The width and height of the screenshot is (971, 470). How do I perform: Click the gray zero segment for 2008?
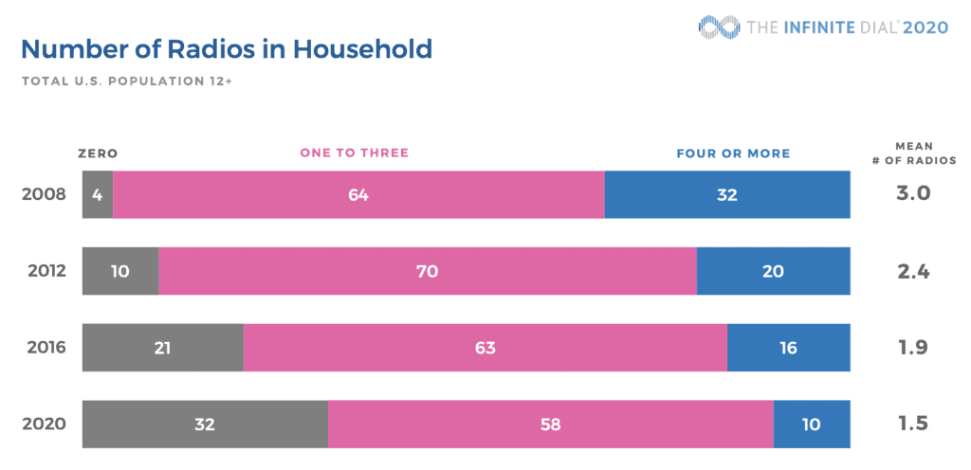click(x=98, y=195)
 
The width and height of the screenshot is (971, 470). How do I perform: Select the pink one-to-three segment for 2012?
click(x=428, y=271)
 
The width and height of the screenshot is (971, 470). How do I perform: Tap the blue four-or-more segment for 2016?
click(x=789, y=348)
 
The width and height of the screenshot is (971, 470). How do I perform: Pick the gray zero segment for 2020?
click(x=205, y=425)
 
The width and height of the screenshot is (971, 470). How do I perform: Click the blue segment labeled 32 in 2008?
click(x=727, y=195)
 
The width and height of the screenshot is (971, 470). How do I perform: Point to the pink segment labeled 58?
click(x=551, y=425)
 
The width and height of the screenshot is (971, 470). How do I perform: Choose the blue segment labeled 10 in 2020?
click(x=812, y=425)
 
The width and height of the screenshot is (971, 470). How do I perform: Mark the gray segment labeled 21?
click(x=163, y=348)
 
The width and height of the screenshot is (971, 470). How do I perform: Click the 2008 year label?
click(x=44, y=194)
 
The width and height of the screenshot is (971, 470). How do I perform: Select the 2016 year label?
click(x=46, y=348)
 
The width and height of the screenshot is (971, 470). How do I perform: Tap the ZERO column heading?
click(x=98, y=154)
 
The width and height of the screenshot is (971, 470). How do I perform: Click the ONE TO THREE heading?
click(x=355, y=153)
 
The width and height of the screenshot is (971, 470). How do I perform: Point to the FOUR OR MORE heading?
click(x=733, y=154)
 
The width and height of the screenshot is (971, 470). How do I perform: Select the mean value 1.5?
click(x=913, y=424)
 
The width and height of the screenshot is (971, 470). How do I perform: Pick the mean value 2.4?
click(x=913, y=271)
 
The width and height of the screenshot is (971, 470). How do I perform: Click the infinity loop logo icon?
click(x=719, y=27)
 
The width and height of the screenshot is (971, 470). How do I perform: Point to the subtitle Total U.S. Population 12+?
click(x=127, y=81)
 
